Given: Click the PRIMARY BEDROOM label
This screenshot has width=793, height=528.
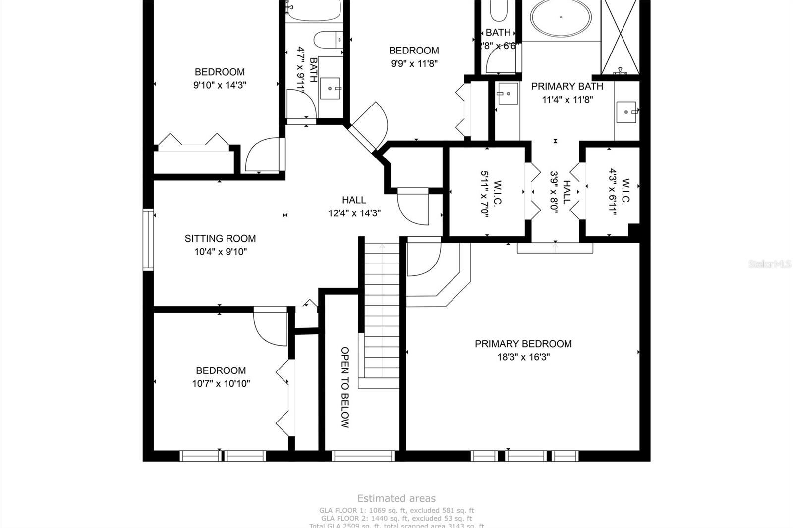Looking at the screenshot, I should pyautogui.click(x=523, y=344).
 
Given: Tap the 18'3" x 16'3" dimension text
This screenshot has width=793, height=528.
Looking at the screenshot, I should pyautogui.click(x=523, y=357).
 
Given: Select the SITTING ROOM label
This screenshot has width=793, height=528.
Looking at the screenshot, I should pyautogui.click(x=220, y=238).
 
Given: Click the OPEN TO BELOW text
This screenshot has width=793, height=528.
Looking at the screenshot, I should pyautogui.click(x=345, y=387).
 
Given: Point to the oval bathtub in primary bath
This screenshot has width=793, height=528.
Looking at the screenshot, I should pyautogui.click(x=561, y=18).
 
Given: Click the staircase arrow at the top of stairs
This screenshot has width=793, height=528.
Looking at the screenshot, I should pyautogui.click(x=382, y=246).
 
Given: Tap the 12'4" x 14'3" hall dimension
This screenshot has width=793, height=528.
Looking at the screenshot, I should pyautogui.click(x=354, y=213).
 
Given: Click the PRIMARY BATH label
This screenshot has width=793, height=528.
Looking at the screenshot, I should pyautogui.click(x=567, y=86).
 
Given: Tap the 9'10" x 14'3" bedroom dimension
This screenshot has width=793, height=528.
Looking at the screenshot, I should pyautogui.click(x=220, y=85).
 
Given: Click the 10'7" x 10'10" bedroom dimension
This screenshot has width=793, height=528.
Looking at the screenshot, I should pyautogui.click(x=221, y=383).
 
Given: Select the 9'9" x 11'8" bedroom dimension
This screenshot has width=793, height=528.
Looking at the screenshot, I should pyautogui.click(x=413, y=63).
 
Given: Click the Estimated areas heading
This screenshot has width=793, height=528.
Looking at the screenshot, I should pyautogui.click(x=396, y=498).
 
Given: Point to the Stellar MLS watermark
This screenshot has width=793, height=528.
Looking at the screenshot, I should pyautogui.click(x=769, y=264).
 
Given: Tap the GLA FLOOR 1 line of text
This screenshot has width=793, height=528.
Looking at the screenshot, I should pyautogui.click(x=396, y=510).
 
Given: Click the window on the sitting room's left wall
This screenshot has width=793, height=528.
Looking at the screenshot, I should pyautogui.click(x=148, y=240).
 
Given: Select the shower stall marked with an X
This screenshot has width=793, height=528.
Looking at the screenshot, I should pyautogui.click(x=620, y=36).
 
